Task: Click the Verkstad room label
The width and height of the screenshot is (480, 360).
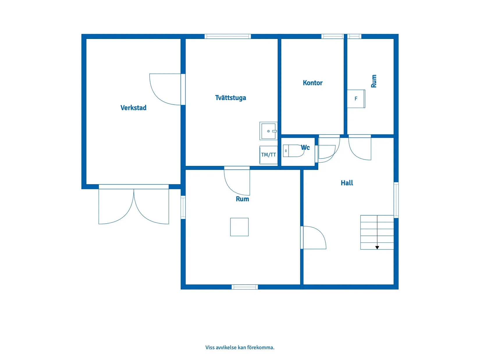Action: (133, 108)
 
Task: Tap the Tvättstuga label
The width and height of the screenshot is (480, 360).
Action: (230, 98)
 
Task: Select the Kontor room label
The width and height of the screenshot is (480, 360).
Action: (312, 83)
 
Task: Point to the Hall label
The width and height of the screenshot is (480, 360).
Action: (346, 183)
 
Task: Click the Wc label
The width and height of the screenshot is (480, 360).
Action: (305, 147)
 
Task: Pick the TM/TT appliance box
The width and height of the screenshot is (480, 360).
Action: (268, 155)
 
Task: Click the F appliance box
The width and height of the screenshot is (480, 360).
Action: (356, 99)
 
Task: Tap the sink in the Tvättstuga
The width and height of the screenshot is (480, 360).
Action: (268, 131)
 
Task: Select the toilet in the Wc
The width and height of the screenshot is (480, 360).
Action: (293, 151)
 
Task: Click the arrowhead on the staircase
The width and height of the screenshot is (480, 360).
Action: (377, 248)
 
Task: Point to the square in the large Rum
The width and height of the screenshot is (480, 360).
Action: (239, 227)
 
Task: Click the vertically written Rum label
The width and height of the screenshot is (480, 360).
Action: (374, 81)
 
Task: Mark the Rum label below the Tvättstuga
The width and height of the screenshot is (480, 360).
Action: (242, 199)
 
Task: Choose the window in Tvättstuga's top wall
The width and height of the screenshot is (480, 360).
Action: (228, 36)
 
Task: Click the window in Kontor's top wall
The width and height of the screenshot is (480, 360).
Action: (332, 36)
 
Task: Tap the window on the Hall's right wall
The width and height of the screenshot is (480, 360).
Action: (396, 200)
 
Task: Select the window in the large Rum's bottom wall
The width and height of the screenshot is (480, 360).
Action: (244, 287)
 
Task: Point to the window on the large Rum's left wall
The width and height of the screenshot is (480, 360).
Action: (183, 207)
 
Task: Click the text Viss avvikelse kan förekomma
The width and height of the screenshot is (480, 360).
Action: (240, 347)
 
